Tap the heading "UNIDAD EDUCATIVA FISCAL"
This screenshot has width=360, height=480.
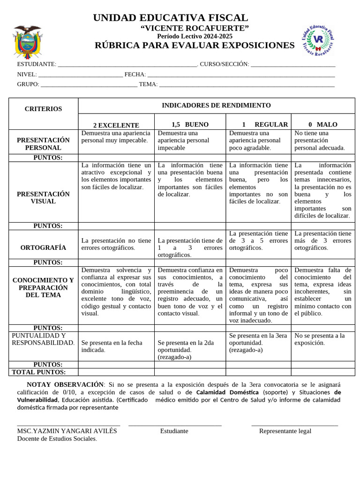tap(171, 18)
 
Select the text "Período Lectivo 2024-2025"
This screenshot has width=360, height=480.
tap(195, 37)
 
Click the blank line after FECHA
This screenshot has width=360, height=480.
tap(241, 75)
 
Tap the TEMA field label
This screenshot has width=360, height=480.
tap(148, 84)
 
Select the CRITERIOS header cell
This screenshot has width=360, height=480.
tap(43, 109)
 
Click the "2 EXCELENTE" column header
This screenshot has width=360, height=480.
tap(116, 125)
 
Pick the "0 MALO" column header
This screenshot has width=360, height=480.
tap(323, 125)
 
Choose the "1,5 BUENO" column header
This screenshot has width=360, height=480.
tap(190, 125)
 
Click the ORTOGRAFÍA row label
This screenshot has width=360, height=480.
tap(43, 247)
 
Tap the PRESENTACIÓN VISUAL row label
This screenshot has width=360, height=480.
tap(43, 197)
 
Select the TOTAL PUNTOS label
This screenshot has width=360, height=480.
tap(38, 372)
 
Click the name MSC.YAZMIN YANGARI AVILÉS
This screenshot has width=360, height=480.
tap(67, 431)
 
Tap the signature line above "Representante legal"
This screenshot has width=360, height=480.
tap(294, 426)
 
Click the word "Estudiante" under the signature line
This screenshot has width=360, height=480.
tap(174, 431)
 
